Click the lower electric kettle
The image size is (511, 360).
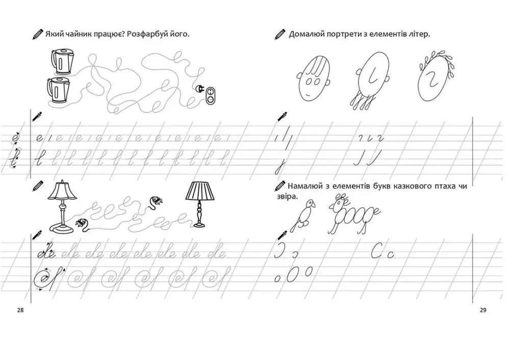59,90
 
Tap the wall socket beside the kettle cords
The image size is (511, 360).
211,95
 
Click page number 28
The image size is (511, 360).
20,310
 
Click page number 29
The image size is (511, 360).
483,310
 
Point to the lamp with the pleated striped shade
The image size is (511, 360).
200,203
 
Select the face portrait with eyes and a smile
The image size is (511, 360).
314,78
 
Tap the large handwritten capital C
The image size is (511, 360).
376,250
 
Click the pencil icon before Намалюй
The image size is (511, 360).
280,186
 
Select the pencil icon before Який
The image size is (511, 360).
37,34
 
